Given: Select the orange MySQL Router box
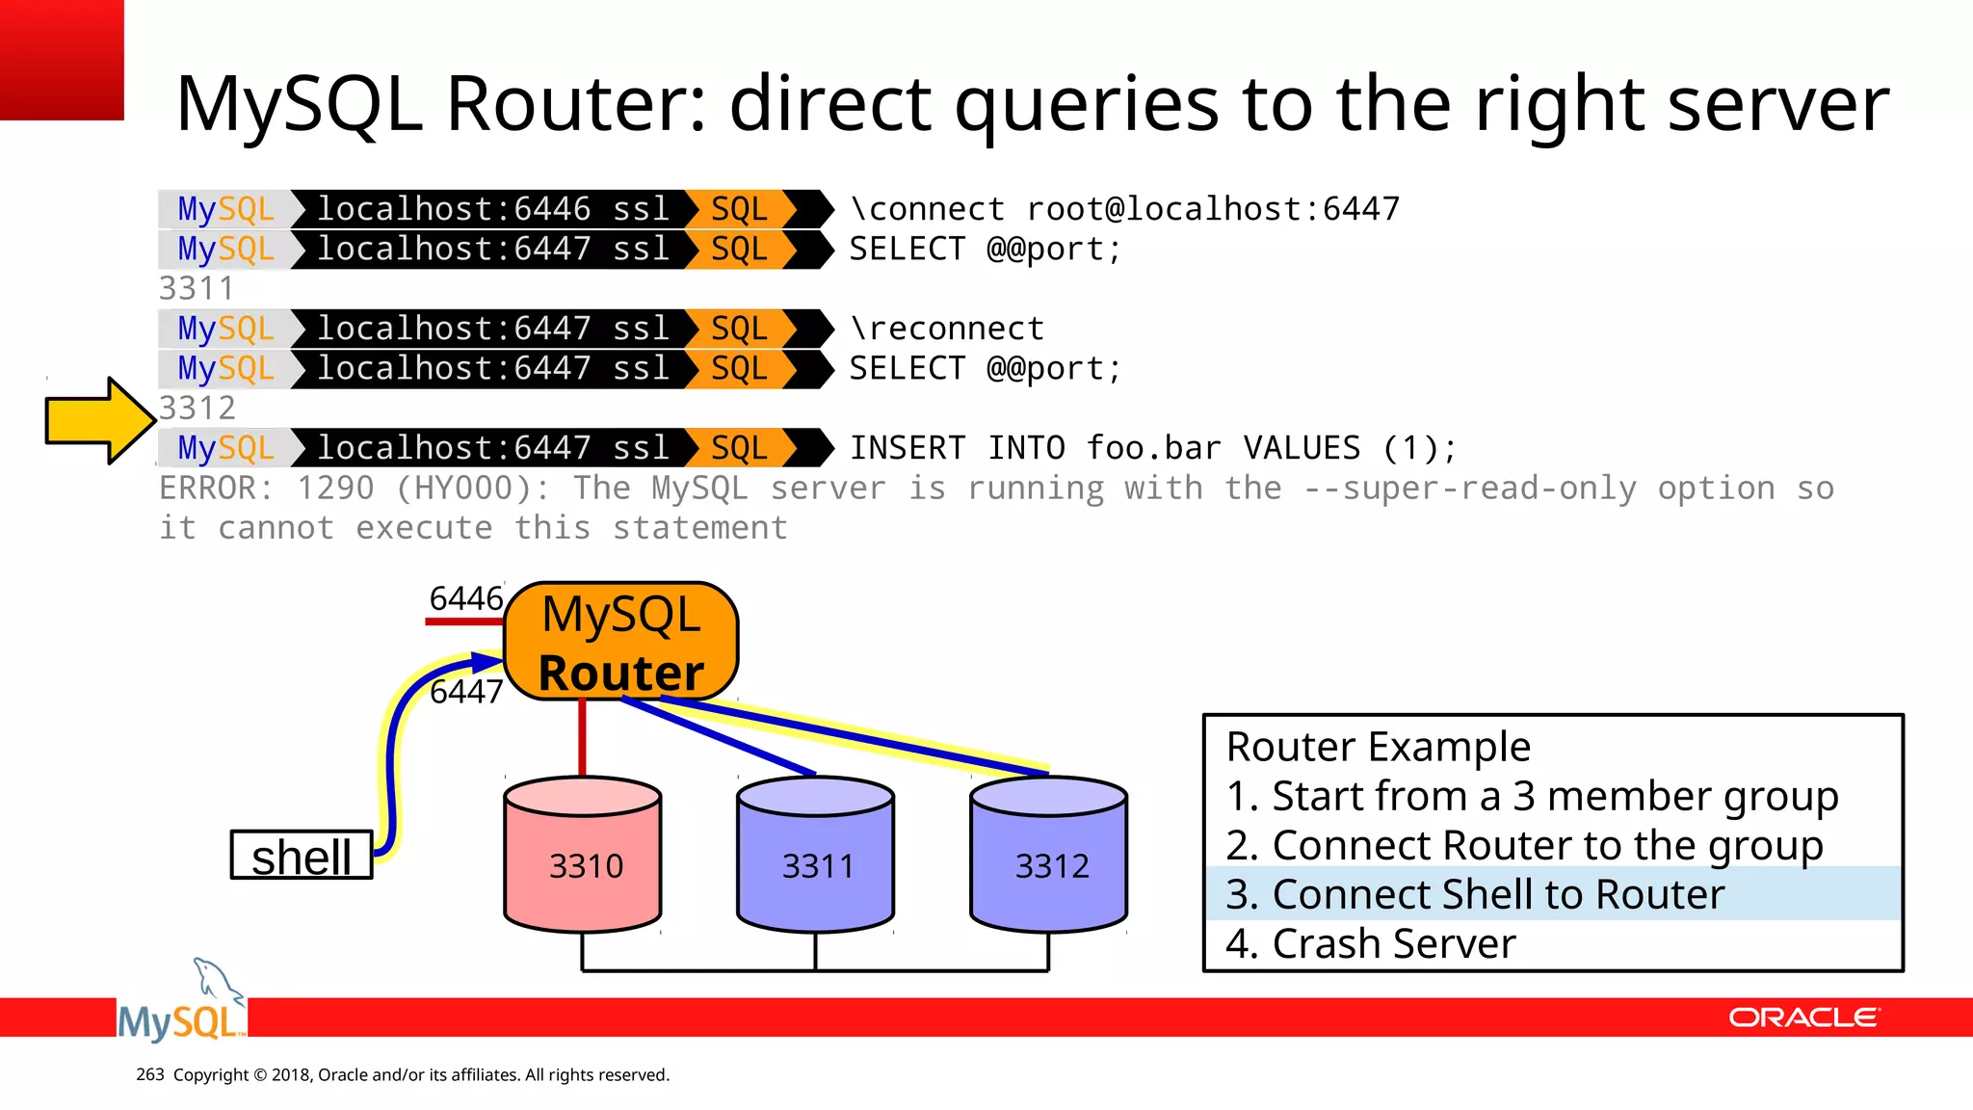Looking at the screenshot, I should pos(621,642).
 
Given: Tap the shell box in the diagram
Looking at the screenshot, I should pos(302,856).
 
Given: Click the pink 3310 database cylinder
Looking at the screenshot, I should pos(583,858).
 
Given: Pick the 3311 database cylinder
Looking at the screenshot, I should pos(816,858).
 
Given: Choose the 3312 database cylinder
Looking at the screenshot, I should pos(1049,858).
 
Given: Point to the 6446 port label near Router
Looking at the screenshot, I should pos(466,598).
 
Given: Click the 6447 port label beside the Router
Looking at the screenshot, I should pos(466,691).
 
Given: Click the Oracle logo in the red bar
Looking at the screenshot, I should pos(1803,1018).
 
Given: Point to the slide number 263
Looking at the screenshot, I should pos(150,1074).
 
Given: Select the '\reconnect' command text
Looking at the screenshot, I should pos(947,329).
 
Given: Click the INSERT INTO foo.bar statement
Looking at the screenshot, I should pos(1152,448).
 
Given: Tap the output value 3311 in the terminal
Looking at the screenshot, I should pos(197,288).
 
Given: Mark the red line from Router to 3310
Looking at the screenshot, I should pos(582,737).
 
